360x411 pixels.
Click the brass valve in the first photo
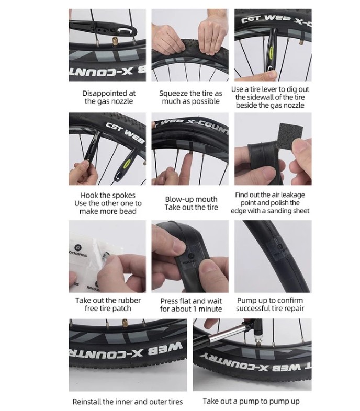(x=115, y=41)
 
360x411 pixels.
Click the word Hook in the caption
(x=89, y=195)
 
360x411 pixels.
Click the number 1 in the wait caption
(x=195, y=309)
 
